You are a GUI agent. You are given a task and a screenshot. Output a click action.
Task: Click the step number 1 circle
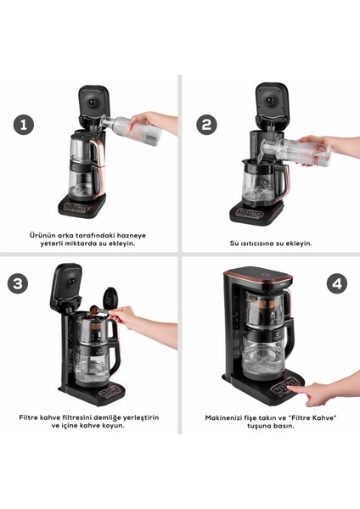(24, 125)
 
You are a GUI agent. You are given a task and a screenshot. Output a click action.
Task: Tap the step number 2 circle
(206, 125)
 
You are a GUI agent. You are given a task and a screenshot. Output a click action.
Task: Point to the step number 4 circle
(337, 283)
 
